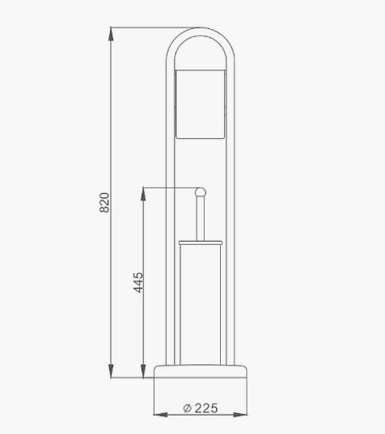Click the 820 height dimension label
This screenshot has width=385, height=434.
[104, 202]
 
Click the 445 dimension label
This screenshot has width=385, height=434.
[138, 282]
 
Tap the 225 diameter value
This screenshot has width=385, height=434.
[206, 408]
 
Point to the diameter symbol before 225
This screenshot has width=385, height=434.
[187, 408]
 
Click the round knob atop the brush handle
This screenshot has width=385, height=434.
[201, 192]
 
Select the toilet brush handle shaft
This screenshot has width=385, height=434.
[201, 219]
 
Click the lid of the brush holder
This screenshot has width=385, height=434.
[201, 242]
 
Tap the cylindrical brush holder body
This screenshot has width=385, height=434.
[201, 305]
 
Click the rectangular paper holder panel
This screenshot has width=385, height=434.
[201, 104]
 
